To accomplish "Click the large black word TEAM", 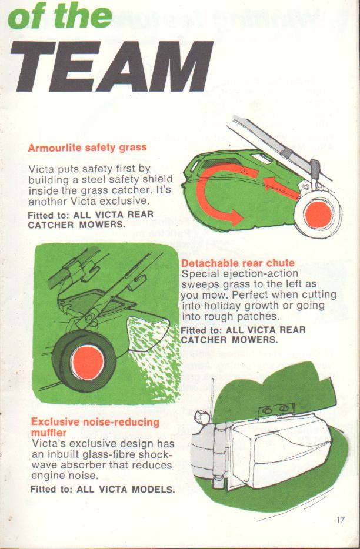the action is coord(111,66).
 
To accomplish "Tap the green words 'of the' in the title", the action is coord(59,17).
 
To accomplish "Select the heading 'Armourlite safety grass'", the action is coord(87,148).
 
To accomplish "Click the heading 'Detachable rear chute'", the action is coord(238,263).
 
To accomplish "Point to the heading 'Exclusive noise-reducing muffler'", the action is coord(95,427).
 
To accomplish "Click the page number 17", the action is coord(340,520).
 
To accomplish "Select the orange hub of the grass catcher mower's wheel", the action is coord(318,213).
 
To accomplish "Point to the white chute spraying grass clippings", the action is coord(149,333).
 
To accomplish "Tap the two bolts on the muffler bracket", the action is coord(275,409).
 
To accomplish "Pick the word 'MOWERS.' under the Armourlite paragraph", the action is coord(102,225).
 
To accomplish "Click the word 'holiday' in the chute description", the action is coord(222,306).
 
